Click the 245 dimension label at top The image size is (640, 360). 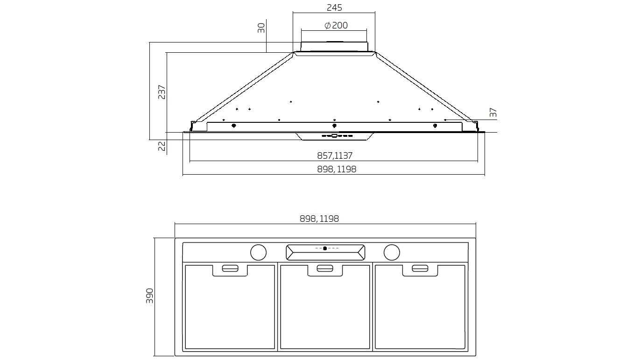[334, 7]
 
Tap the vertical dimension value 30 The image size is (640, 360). [261, 28]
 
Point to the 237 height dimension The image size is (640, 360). [162, 92]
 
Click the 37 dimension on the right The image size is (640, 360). [493, 113]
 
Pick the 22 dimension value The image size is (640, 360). [162, 146]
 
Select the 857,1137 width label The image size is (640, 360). [335, 155]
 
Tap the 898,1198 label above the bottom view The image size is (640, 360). [319, 219]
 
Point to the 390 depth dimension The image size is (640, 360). [149, 296]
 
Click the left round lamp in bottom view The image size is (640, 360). [258, 252]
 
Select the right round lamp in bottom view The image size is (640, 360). [392, 252]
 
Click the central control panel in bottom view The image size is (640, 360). [325, 252]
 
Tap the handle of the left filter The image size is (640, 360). [230, 268]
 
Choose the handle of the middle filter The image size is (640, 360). [324, 268]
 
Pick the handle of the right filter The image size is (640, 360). [420, 268]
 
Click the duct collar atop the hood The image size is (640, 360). [334, 46]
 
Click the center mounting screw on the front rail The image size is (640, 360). [334, 125]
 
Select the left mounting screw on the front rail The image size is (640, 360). [233, 125]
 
